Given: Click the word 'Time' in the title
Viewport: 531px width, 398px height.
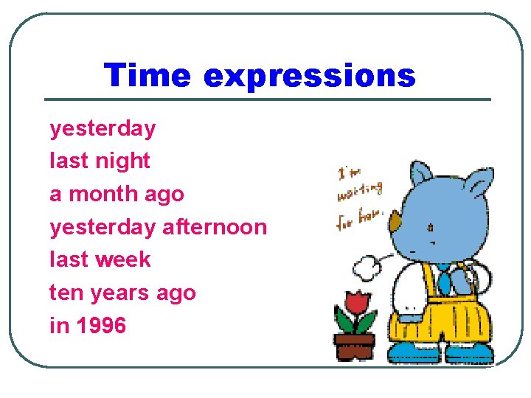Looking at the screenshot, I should [x=147, y=75].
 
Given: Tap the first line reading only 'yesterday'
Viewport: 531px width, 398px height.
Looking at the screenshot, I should [x=103, y=129].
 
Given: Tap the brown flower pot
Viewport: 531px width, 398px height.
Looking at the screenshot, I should [x=354, y=345].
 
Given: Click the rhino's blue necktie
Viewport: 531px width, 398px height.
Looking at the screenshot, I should [x=445, y=280].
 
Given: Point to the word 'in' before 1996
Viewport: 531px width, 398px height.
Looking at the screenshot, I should [x=58, y=325].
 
